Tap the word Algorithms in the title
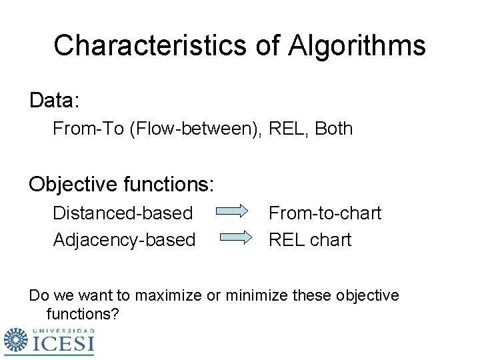[x=357, y=45]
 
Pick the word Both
[x=333, y=129]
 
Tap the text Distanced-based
[x=123, y=213]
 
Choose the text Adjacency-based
[x=124, y=239]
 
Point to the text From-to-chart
[x=325, y=213]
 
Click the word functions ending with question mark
[x=83, y=313]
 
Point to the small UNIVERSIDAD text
[x=63, y=330]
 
